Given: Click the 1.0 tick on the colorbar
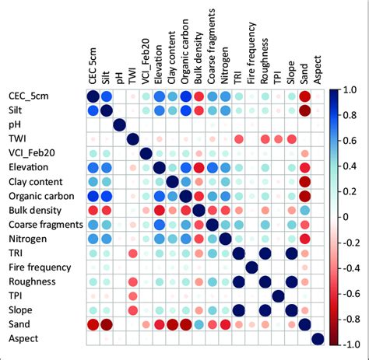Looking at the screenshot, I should (x=351, y=90).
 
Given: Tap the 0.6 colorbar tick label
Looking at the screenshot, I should (x=351, y=142).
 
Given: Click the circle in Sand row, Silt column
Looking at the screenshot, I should (x=107, y=324).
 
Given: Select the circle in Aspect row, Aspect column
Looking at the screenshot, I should (x=318, y=338).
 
